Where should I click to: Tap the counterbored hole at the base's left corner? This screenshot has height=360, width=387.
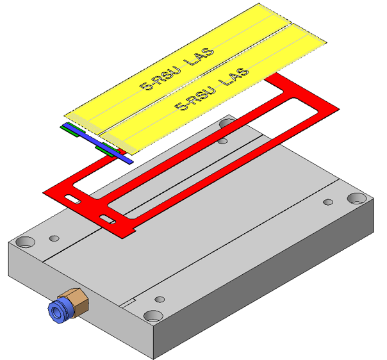[26, 241]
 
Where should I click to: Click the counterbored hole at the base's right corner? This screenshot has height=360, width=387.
[357, 199]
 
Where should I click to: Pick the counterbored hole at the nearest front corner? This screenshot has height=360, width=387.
[153, 316]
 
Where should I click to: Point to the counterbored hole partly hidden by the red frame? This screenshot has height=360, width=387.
[227, 122]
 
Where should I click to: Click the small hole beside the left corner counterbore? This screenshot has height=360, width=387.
[54, 238]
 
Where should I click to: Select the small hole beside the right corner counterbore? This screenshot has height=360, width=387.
[328, 202]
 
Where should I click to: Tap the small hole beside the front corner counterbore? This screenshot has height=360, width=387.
[160, 299]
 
